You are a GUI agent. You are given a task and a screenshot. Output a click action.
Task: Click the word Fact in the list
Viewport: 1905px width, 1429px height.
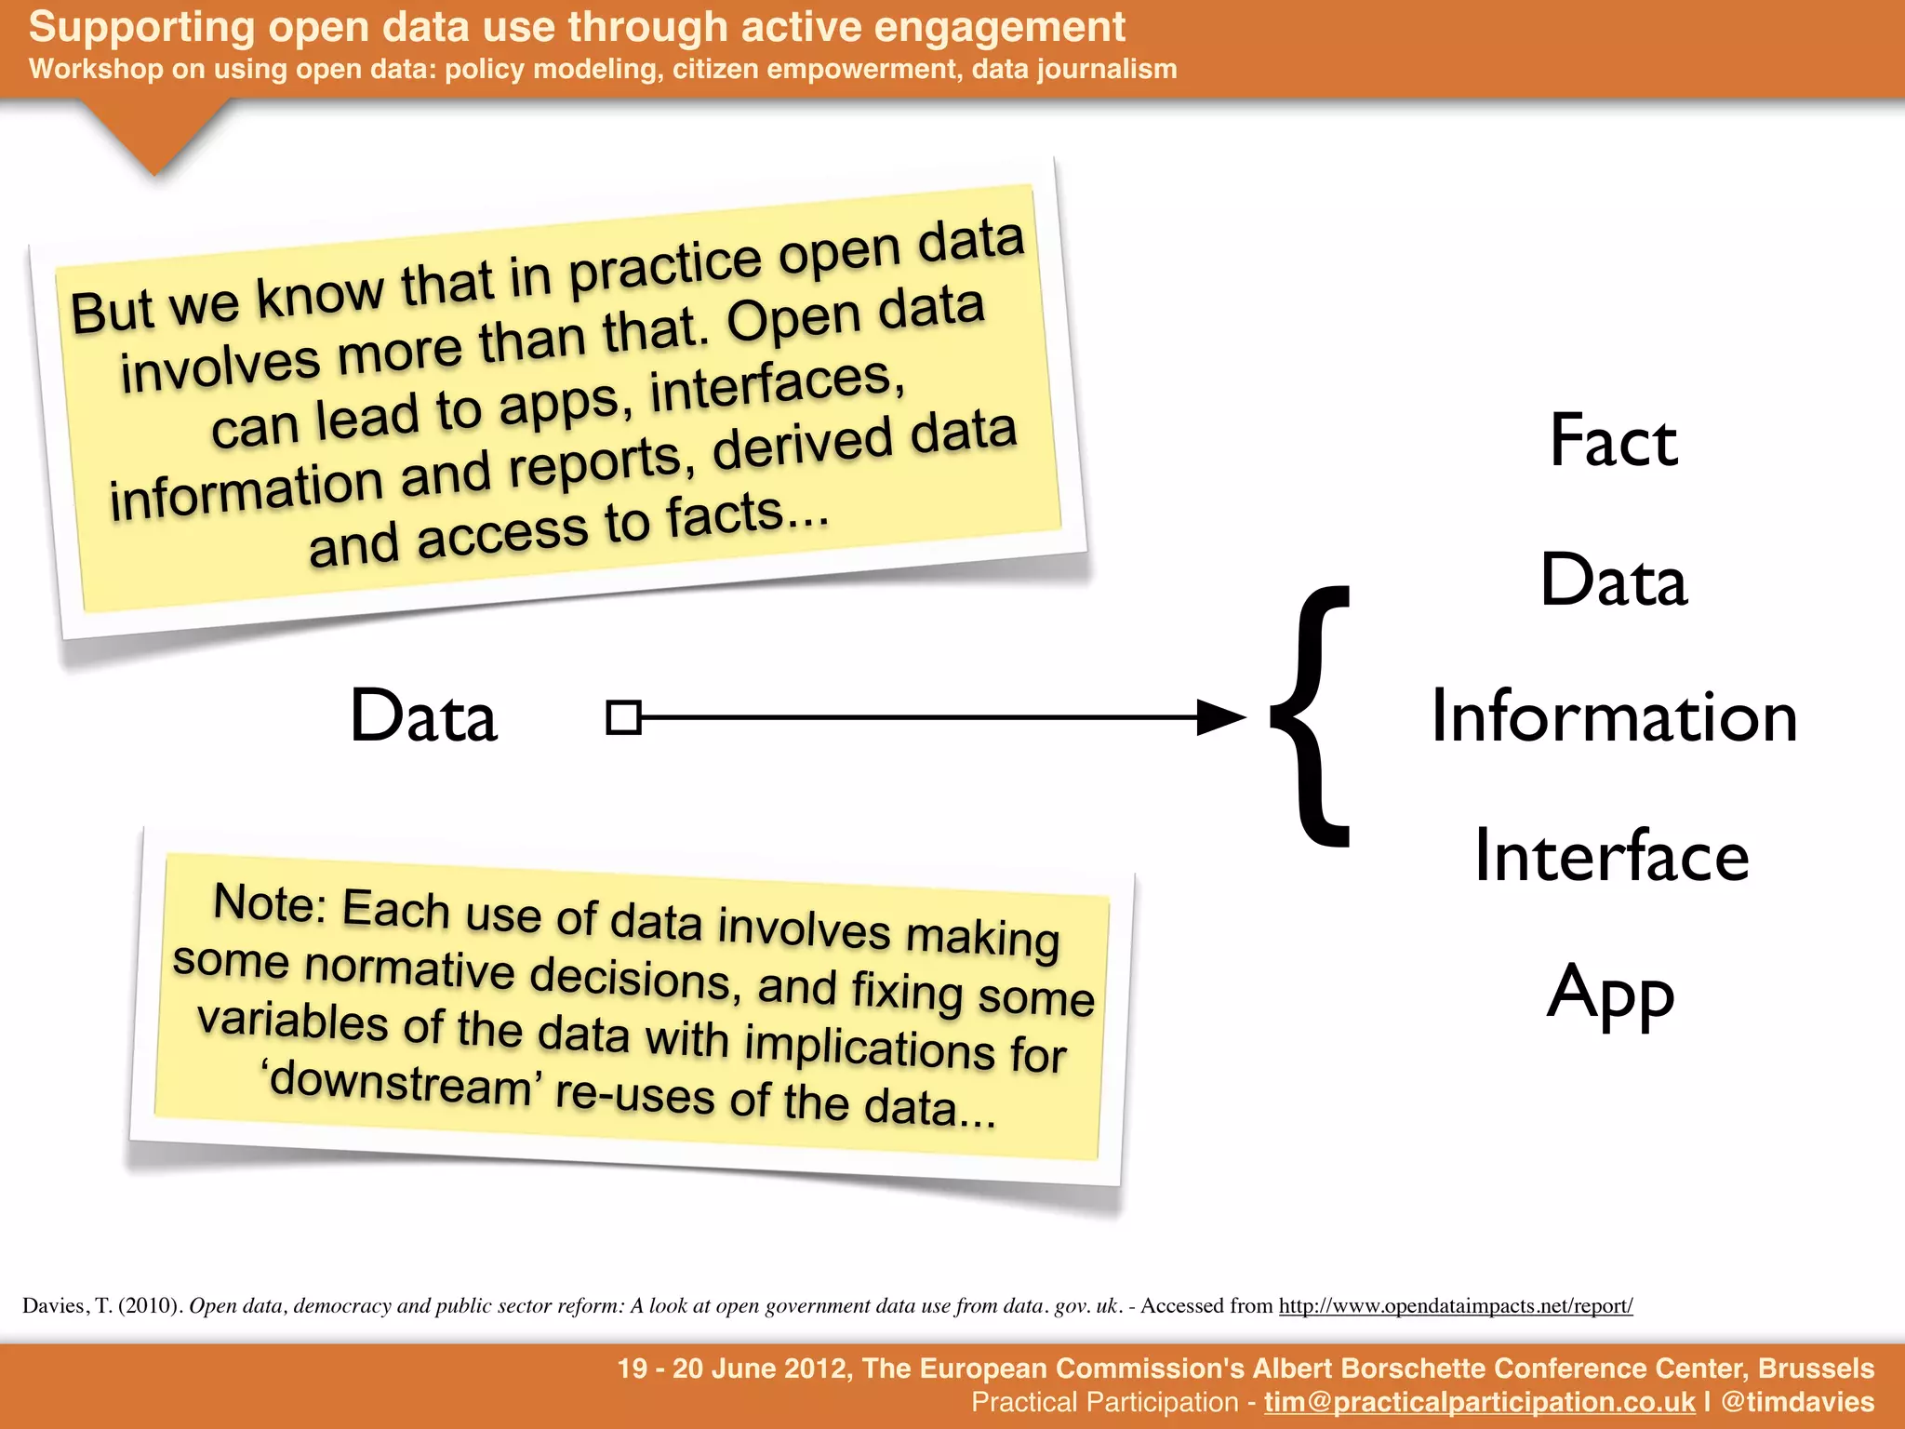1613,441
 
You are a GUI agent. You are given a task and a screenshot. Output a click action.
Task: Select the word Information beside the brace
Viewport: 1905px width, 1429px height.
1613,717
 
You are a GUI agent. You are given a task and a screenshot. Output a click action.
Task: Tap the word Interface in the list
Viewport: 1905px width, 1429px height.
1611,856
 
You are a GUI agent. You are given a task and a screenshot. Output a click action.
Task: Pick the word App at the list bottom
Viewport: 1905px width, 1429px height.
1611,994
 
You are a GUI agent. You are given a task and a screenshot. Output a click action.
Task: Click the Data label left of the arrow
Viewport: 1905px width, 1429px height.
423,716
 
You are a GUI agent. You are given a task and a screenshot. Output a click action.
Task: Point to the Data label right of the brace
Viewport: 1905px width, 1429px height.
1613,580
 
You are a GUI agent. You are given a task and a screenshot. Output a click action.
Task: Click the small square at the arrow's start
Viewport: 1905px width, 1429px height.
623,717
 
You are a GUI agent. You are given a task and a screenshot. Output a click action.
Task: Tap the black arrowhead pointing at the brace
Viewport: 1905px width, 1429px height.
1220,717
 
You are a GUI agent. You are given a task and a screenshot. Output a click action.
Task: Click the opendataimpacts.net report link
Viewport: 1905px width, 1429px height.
1455,1305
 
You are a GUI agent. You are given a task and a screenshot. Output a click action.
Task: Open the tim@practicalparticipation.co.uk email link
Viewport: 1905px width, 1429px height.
1479,1402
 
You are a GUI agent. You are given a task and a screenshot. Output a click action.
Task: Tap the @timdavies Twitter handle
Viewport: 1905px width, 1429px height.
1797,1402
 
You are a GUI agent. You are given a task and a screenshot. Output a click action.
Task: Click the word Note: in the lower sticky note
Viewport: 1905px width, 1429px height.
270,903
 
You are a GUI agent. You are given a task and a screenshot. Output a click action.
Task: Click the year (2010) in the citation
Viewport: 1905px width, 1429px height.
150,1305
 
